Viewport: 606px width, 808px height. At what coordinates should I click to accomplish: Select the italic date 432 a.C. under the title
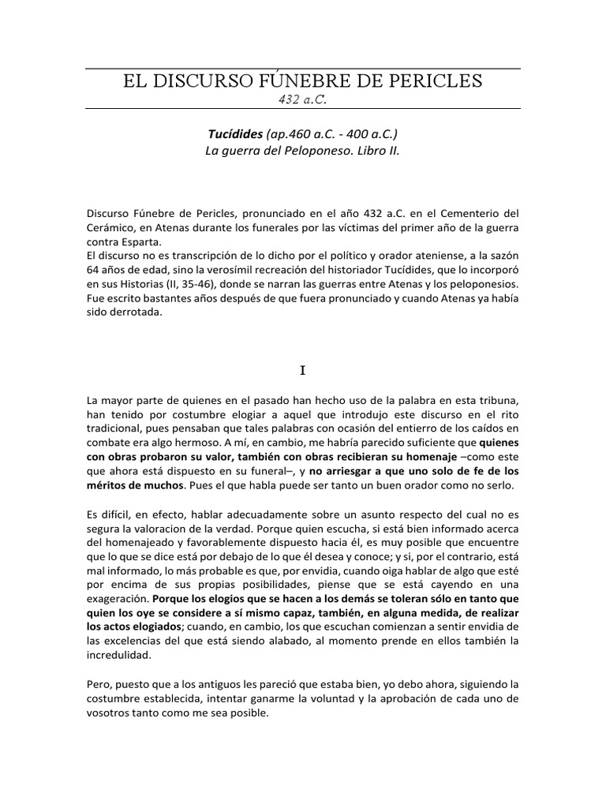(x=303, y=99)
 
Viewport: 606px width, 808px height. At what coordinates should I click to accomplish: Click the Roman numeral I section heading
(x=303, y=368)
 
